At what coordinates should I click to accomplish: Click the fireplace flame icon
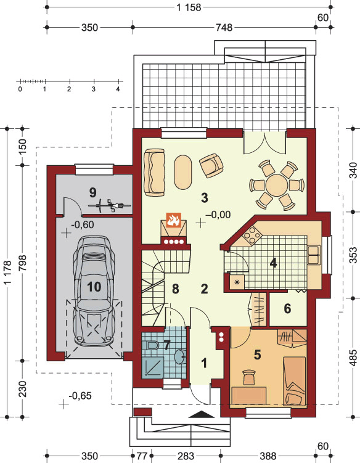173,220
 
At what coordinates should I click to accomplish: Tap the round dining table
276,185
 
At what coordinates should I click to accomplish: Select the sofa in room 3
154,172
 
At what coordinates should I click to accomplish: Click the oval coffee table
183,173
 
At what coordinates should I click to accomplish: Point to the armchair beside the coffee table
211,165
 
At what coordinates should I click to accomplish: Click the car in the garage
94,291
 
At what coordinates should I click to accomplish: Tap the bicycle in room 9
110,205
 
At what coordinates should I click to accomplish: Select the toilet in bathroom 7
152,345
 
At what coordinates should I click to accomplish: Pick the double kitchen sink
313,254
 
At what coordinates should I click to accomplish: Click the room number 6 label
287,309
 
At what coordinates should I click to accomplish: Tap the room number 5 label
258,355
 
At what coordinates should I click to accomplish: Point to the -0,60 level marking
83,224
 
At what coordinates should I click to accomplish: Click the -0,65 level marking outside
80,395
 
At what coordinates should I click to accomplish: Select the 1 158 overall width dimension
189,7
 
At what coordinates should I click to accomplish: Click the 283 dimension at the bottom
186,456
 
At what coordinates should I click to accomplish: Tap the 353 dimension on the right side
354,255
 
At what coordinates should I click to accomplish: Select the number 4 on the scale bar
118,89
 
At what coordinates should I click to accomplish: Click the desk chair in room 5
249,377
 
